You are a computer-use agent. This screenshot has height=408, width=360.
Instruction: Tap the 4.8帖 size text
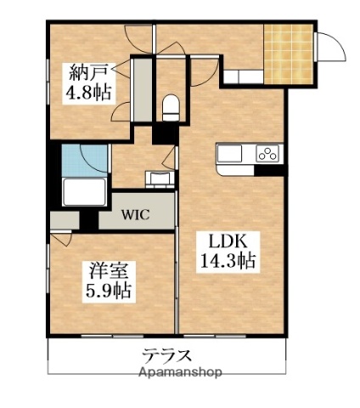[89, 90]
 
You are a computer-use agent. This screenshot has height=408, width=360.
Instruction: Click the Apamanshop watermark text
[180, 372]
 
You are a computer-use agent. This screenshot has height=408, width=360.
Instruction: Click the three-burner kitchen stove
[267, 155]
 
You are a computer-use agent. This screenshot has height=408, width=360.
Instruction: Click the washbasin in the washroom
[157, 178]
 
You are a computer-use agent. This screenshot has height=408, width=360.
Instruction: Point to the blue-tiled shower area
[83, 159]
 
